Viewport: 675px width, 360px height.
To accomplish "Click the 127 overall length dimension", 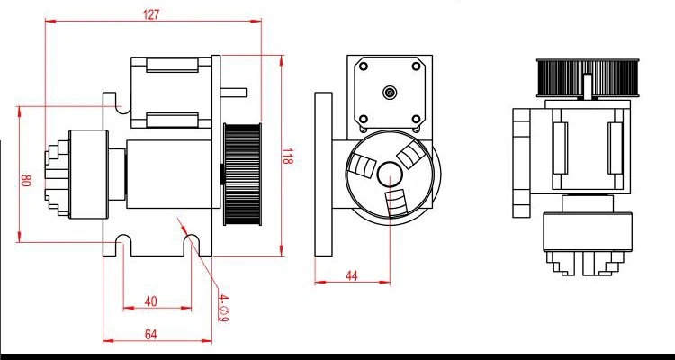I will pos(151,13).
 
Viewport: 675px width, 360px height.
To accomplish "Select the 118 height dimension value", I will pos(289,159).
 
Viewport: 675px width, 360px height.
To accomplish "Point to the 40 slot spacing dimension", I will pos(150,301).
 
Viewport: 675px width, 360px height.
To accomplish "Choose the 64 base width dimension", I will pos(150,334).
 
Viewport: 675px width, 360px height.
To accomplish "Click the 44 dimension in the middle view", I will pos(352,275).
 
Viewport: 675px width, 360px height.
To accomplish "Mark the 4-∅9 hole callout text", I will pos(223,306).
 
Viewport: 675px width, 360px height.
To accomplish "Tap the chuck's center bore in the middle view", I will pos(390,175).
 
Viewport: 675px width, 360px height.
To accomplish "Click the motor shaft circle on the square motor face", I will pos(390,92).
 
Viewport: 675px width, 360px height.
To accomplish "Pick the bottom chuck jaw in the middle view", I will pos(396,203).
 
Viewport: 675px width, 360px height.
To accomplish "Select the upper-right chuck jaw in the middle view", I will pos(414,154).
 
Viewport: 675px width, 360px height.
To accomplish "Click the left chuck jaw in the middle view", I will pos(362,167).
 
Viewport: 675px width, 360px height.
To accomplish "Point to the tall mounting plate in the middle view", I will pos(322,181).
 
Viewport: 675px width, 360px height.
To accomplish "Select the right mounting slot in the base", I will pos(191,243).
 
